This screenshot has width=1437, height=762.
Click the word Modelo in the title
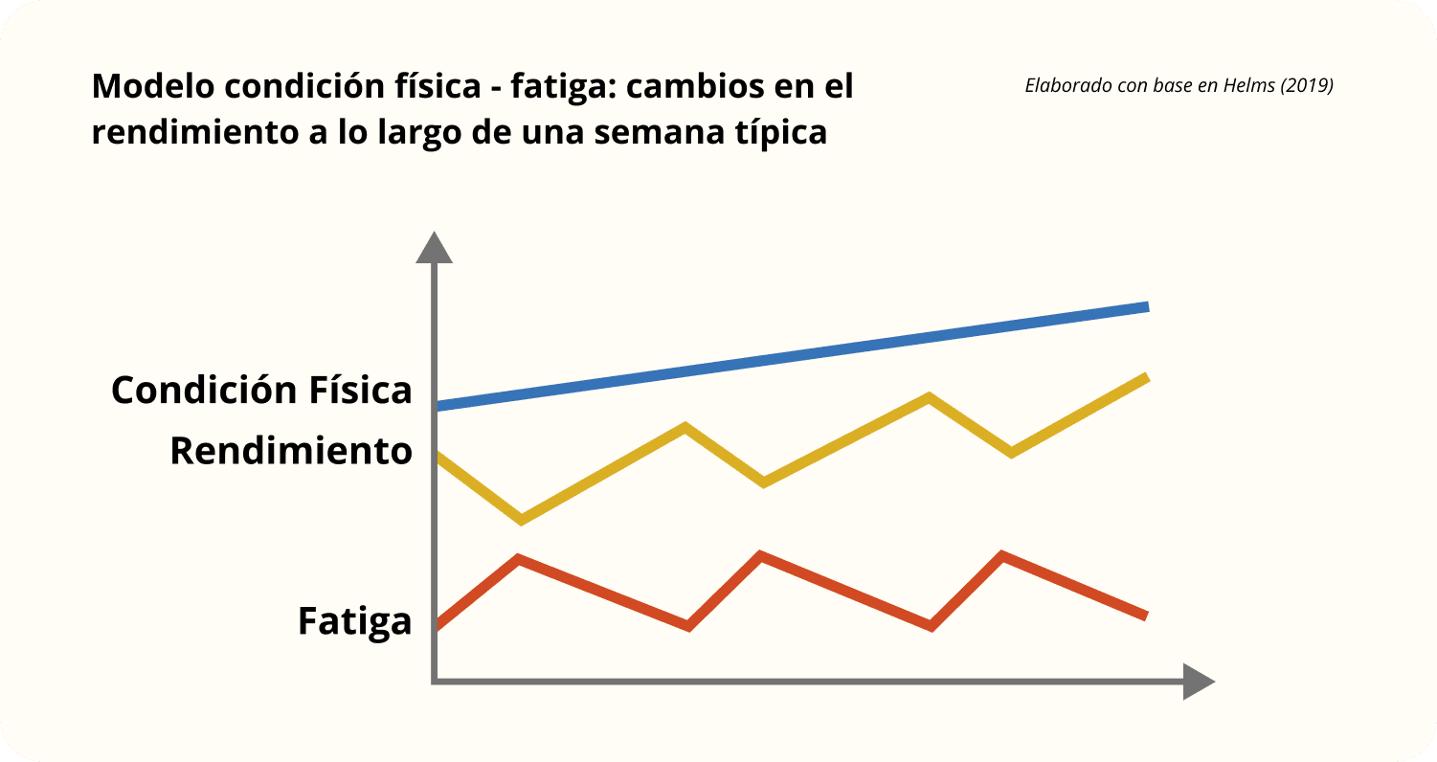[x=153, y=87]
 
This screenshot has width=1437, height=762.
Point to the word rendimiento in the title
[x=197, y=131]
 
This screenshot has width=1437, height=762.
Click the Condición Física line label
[x=261, y=390]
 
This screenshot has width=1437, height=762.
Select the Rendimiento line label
[x=291, y=451]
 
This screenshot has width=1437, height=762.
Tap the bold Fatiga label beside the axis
[x=354, y=620]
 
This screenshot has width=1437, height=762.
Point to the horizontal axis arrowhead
[x=1199, y=681]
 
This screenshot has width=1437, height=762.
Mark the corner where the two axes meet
[x=436, y=681]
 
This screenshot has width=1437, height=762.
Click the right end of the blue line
[x=1145, y=307]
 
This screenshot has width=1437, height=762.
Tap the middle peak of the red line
[x=761, y=555]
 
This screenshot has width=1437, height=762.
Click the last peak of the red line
[x=1002, y=555]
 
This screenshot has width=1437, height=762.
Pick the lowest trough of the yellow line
[x=521, y=520]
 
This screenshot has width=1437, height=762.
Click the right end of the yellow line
[x=1145, y=377]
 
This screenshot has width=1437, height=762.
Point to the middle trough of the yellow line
[x=763, y=482]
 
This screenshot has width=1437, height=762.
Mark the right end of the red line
[x=1144, y=616]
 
